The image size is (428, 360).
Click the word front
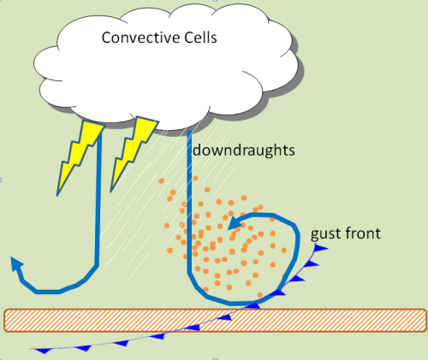point(363,233)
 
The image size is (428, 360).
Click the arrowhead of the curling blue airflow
point(234,223)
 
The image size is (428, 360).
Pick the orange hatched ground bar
point(214,319)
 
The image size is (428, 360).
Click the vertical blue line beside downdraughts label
point(188,197)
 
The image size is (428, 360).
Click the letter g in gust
point(314,234)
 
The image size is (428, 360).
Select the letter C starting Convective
point(107,38)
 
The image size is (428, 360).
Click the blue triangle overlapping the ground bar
point(224,317)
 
